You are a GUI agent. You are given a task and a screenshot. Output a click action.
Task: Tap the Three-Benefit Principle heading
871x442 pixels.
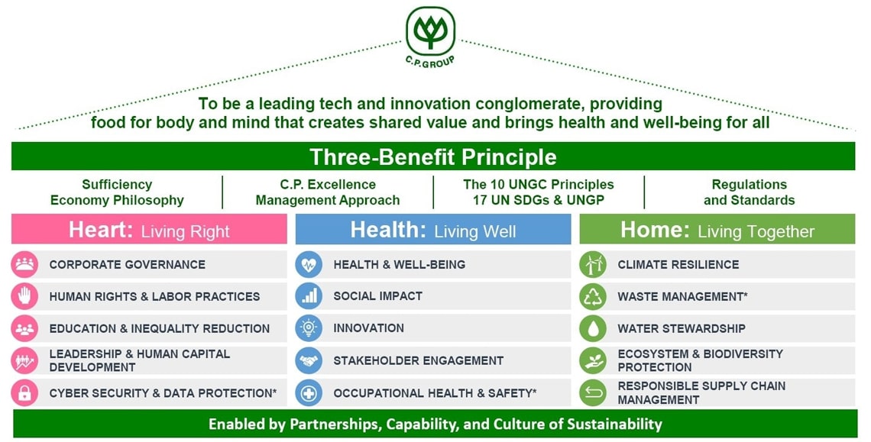(x=432, y=156)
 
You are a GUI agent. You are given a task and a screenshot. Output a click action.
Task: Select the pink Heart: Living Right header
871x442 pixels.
(x=149, y=229)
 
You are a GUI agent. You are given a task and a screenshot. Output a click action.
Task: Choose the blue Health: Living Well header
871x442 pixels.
(x=432, y=229)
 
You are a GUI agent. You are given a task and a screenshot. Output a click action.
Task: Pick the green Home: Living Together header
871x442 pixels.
(x=717, y=229)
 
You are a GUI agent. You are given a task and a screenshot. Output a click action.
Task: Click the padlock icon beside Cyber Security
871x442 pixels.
(x=24, y=393)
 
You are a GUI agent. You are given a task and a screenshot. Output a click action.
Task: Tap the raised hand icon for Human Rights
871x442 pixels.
(x=24, y=296)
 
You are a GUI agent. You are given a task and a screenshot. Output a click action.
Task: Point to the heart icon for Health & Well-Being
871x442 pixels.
(x=309, y=264)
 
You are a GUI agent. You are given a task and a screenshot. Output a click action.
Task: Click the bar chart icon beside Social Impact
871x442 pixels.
(x=309, y=296)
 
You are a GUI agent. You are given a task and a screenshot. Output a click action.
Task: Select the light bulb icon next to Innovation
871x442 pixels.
(x=309, y=328)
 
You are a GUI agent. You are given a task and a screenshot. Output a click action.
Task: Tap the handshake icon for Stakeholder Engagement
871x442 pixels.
(x=309, y=361)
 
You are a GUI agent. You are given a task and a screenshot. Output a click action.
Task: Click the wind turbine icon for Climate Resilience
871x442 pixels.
(x=593, y=264)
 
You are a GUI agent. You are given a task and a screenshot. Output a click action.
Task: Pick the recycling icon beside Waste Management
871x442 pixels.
(x=593, y=296)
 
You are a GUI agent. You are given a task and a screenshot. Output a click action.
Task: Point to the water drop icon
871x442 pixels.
(x=593, y=328)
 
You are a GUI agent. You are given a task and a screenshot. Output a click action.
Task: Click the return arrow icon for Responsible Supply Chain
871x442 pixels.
(x=593, y=393)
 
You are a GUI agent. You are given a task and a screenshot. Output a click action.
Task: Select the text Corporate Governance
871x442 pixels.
(x=127, y=265)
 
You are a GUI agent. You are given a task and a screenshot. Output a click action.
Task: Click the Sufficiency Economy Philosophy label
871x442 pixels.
(x=117, y=192)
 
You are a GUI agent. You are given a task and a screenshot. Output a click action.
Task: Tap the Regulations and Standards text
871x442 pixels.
(x=750, y=192)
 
